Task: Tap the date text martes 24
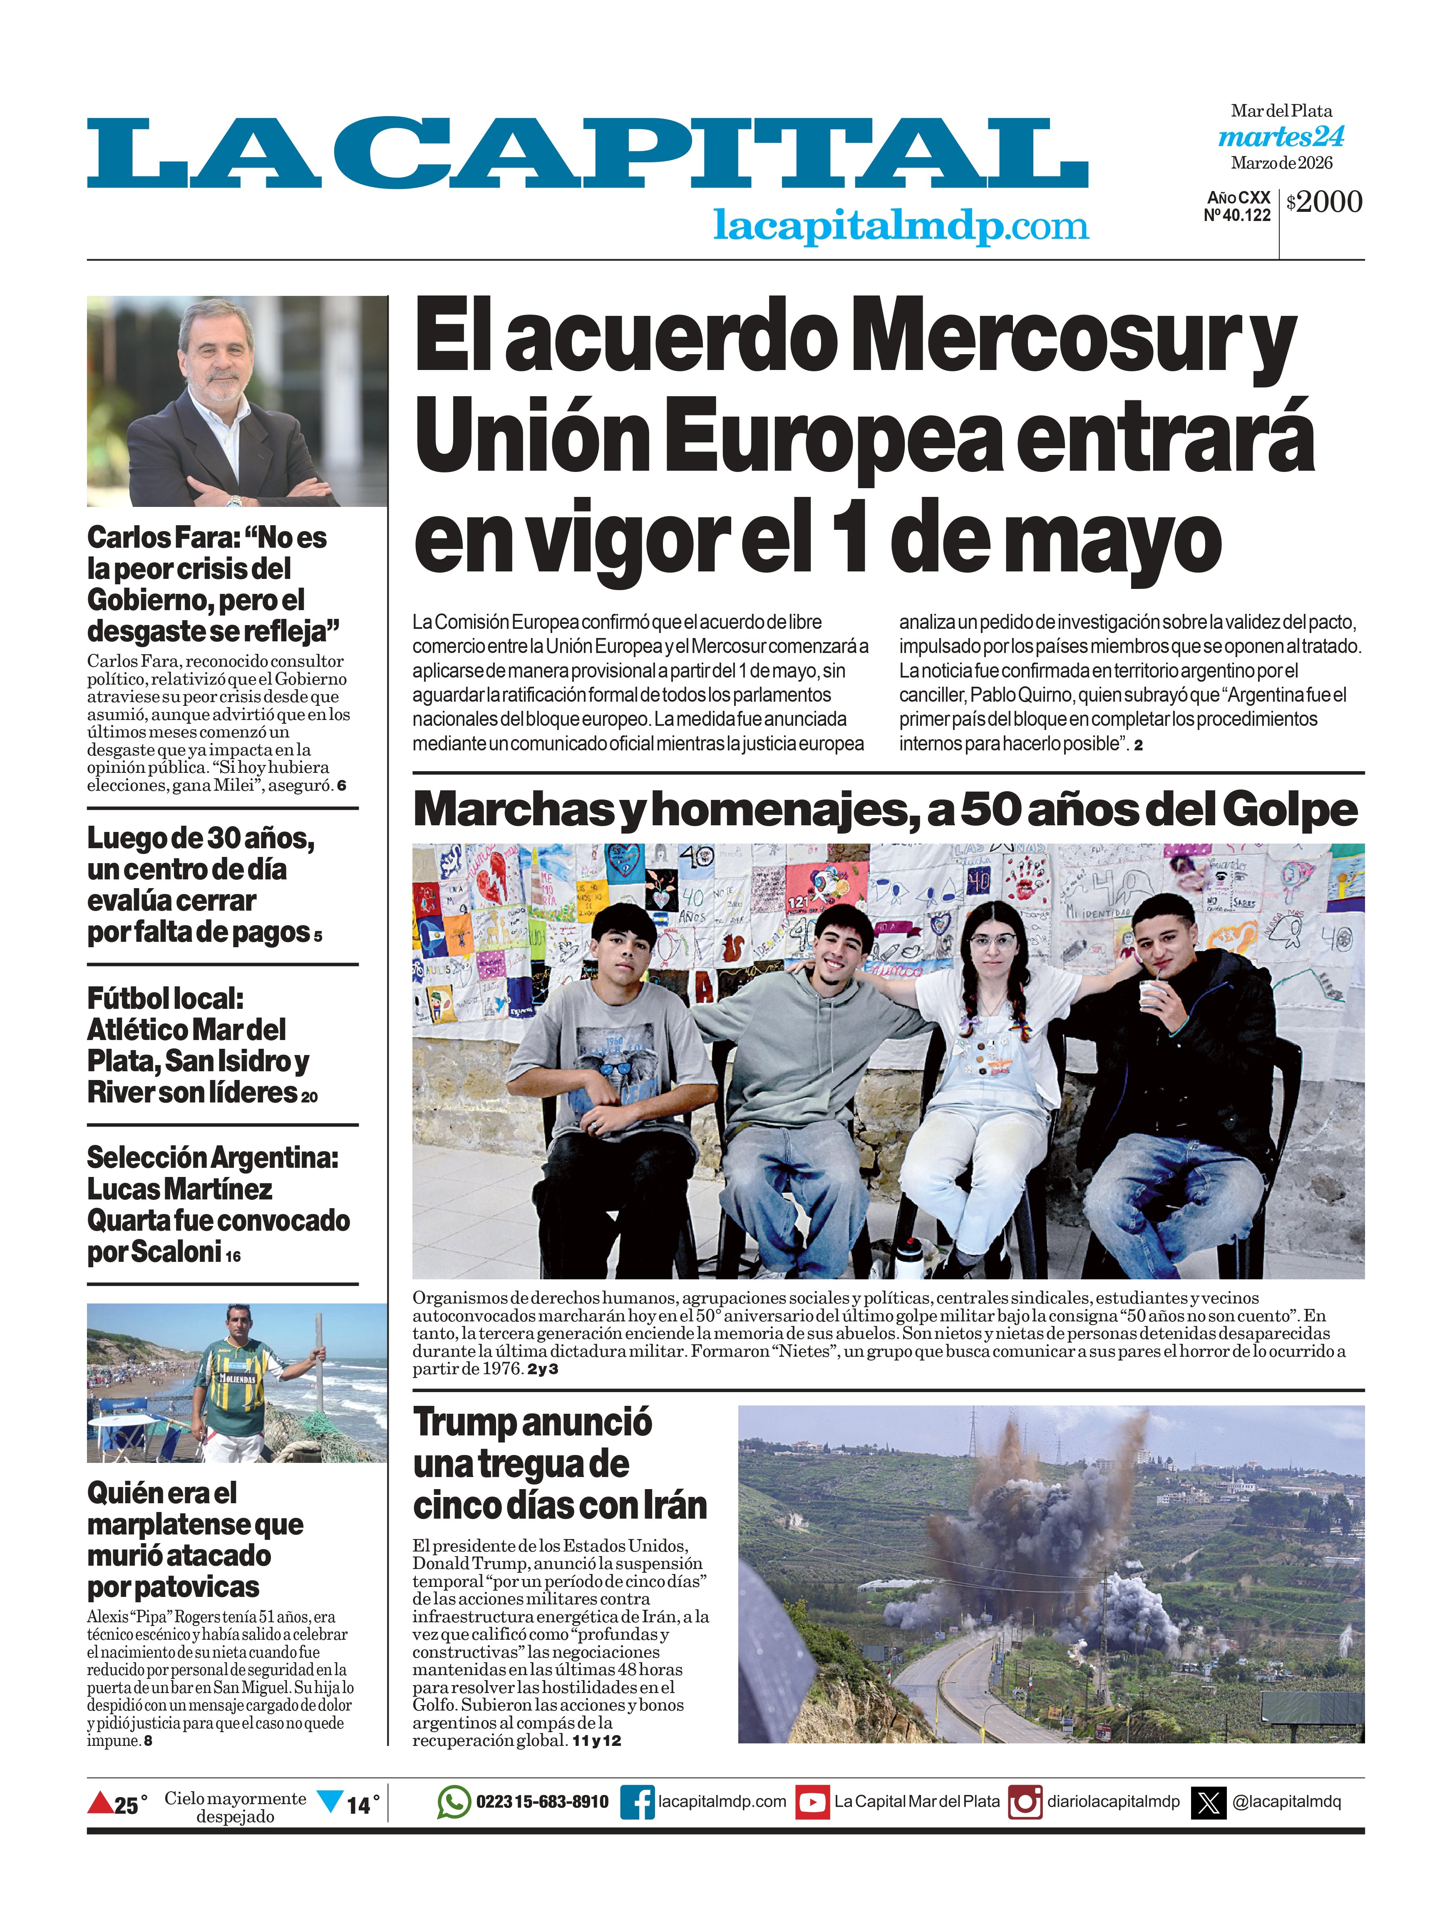point(1281,137)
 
